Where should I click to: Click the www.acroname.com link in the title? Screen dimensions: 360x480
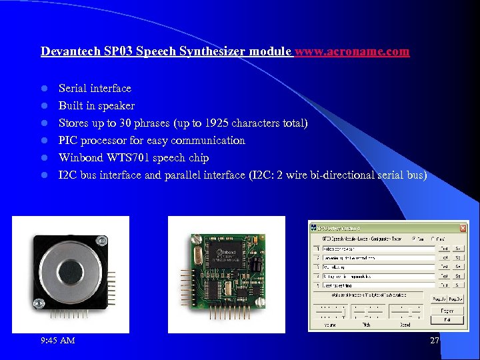[352, 51]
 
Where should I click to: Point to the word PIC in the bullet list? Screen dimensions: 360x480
[68, 141]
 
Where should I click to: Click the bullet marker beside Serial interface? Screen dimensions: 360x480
[45, 89]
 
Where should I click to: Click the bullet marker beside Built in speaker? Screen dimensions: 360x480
[45, 106]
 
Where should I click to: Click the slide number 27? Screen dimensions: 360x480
[435, 341]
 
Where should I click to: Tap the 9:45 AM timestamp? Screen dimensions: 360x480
[58, 341]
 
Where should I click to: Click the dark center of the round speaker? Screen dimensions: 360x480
[71, 271]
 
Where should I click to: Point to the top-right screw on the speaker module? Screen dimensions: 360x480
[104, 239]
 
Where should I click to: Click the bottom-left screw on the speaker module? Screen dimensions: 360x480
[39, 304]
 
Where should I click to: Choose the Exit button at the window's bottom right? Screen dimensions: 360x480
[447, 320]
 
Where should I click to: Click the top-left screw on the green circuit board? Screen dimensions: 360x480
[195, 237]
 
